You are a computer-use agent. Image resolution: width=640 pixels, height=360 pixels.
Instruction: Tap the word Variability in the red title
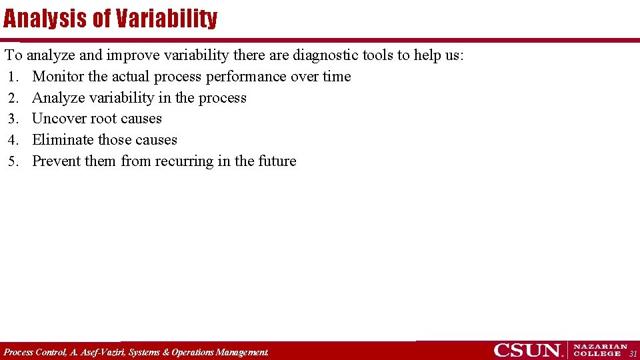[x=166, y=18]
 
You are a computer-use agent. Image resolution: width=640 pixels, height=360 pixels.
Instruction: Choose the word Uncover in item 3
[x=59, y=119]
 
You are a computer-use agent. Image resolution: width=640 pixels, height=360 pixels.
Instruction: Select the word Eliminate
[x=63, y=140]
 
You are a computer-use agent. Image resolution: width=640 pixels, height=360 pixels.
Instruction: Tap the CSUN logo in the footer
[x=528, y=350]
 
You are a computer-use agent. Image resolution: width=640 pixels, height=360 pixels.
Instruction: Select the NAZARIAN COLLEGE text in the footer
[x=600, y=350]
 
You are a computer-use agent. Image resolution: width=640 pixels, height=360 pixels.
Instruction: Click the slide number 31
[x=633, y=353]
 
